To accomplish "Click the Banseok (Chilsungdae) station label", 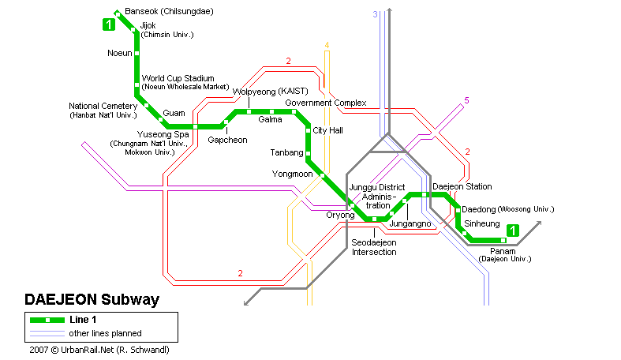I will (168, 12).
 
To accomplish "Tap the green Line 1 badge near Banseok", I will (108, 24).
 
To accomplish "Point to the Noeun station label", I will (121, 54).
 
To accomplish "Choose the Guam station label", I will (174, 114).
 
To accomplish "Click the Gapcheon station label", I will (227, 140).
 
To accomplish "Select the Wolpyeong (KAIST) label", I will (269, 92).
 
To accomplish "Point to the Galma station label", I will (270, 120).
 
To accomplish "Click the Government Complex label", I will (326, 103).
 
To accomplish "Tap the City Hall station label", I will (327, 130).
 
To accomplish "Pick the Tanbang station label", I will (287, 152).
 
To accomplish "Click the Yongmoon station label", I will (293, 174).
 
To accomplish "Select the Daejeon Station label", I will (462, 186).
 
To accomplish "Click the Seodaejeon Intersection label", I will (374, 247).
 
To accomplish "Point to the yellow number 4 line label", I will (327, 45).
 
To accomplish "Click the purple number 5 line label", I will (466, 100).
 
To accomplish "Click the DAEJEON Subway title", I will (92, 300).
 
